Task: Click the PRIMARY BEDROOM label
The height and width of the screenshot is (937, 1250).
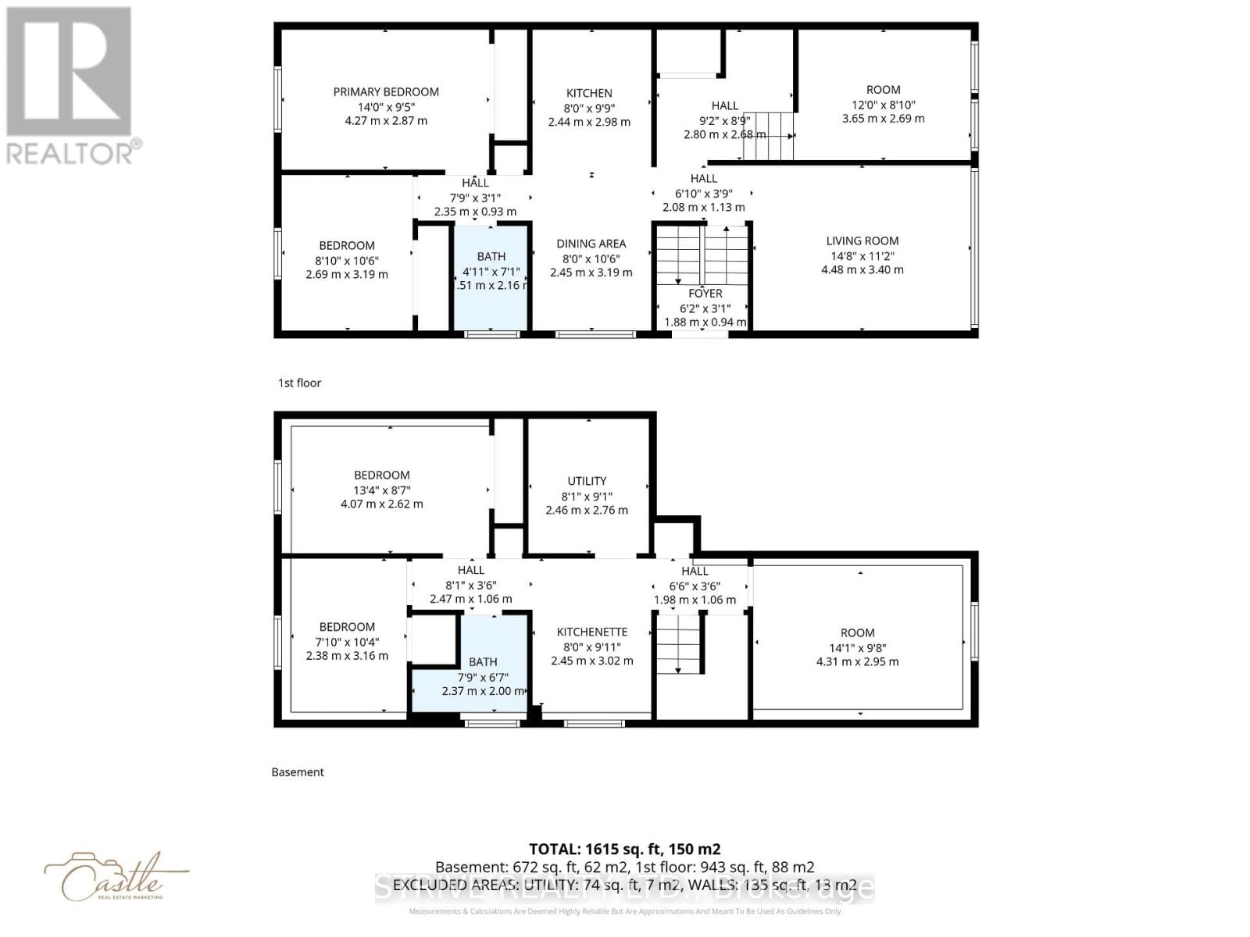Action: pos(386,92)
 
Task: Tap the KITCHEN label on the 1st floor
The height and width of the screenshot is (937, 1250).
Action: pos(589,93)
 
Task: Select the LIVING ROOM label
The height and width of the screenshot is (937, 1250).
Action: pos(862,241)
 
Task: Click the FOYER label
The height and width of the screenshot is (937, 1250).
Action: pos(705,294)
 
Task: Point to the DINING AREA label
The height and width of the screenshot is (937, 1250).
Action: pos(591,244)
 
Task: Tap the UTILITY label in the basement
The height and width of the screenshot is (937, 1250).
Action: pos(587,481)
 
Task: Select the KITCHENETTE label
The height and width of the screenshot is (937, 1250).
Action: pos(591,632)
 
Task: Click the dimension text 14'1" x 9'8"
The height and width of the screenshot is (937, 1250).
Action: pos(857,647)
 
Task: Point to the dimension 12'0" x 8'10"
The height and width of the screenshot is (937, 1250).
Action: pos(883,105)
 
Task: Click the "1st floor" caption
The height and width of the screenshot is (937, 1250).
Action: pos(299,383)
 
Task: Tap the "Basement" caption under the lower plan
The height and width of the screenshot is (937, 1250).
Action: pos(297,771)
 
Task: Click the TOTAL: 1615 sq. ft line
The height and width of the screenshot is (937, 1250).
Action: pos(624,849)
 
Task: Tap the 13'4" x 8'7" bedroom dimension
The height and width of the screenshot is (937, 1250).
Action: pos(381,490)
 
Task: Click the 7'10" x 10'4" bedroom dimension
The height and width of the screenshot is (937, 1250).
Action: pos(347,642)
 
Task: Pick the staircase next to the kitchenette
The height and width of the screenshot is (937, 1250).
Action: pos(678,643)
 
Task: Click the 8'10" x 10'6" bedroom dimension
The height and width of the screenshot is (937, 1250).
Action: pos(347,260)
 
